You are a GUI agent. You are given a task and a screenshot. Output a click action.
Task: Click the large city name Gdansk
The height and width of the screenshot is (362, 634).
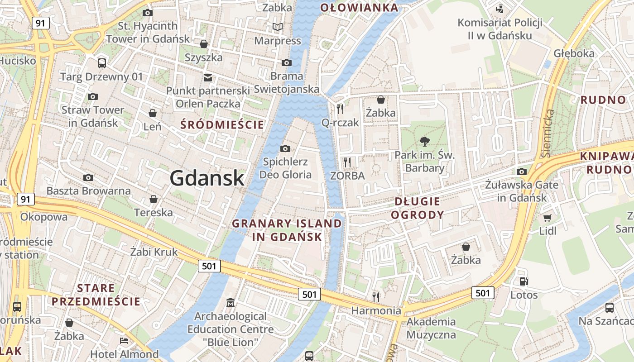point(207,178)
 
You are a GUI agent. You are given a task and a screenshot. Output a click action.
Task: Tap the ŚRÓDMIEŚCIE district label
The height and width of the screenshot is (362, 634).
point(222,124)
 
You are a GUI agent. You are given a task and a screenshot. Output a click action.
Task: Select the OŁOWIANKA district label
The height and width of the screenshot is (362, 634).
point(359,7)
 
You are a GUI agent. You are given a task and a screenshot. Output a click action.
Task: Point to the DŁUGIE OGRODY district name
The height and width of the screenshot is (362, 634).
point(418,208)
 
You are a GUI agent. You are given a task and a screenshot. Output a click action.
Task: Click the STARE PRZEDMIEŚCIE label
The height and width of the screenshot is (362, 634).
point(96,295)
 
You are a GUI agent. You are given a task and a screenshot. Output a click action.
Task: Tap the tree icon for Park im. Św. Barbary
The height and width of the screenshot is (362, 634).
point(424,142)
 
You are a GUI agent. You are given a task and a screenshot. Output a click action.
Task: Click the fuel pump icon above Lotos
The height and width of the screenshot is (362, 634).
point(524,281)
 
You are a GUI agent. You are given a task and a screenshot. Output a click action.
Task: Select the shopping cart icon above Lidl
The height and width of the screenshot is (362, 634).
point(548,218)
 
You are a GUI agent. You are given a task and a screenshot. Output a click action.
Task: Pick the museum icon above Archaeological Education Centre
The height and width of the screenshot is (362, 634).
point(231,302)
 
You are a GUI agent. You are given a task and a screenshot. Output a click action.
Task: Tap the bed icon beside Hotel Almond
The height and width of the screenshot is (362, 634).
point(124,340)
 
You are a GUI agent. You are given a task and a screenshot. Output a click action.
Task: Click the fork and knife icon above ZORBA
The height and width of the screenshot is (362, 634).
point(347,162)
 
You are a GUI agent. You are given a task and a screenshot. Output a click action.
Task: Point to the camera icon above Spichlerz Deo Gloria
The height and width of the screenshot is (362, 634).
point(285,148)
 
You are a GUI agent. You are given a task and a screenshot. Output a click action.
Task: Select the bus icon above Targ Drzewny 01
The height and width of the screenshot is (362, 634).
point(101,63)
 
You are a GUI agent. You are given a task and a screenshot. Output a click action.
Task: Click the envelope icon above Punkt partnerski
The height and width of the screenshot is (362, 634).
point(208,77)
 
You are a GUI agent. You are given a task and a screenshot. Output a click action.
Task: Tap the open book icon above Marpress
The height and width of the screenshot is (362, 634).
point(277,27)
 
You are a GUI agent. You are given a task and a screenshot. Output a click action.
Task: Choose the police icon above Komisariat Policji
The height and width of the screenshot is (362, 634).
point(500,9)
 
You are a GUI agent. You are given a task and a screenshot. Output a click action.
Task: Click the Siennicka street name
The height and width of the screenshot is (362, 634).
point(548,133)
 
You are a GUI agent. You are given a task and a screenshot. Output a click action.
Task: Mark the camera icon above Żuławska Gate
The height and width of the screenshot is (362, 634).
point(522,171)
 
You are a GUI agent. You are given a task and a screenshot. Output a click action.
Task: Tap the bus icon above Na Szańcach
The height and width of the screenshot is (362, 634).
point(609,308)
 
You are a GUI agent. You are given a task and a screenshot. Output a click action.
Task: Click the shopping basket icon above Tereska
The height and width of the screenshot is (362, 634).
point(154,199)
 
